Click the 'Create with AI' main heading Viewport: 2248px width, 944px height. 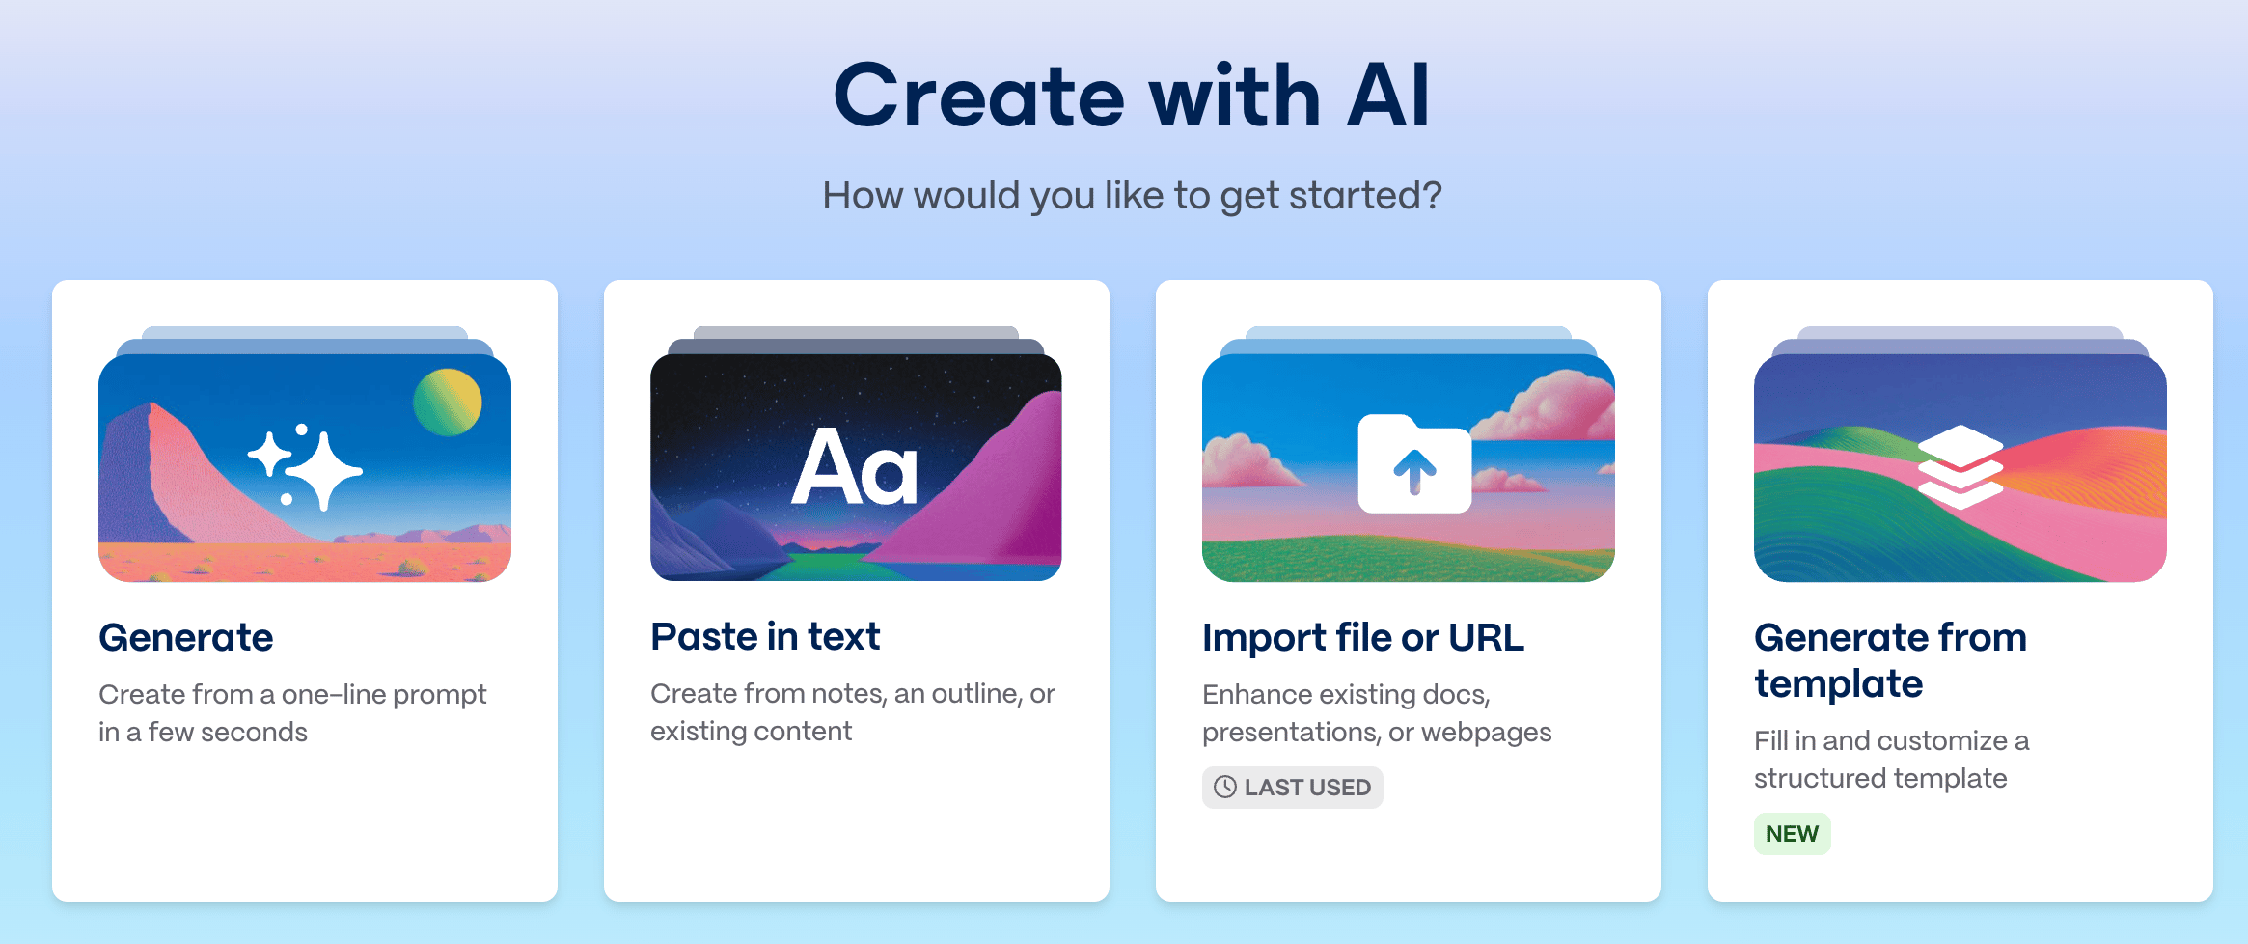pyautogui.click(x=1132, y=96)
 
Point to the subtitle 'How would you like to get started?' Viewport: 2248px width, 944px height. pyautogui.click(x=1132, y=195)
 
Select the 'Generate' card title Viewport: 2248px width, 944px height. pyautogui.click(x=186, y=637)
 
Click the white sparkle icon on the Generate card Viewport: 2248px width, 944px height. pyautogui.click(x=305, y=467)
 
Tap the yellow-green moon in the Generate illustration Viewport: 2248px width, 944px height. pyautogui.click(x=448, y=402)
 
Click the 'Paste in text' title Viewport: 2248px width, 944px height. pyautogui.click(x=765, y=636)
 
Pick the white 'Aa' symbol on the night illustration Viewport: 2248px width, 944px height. pyautogui.click(x=855, y=468)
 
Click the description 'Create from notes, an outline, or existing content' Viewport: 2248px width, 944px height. pyautogui.click(x=853, y=712)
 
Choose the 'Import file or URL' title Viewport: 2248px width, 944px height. pyautogui.click(x=1363, y=637)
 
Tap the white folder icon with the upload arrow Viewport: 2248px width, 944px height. pyautogui.click(x=1414, y=463)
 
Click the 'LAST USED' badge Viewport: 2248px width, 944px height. pyautogui.click(x=1293, y=788)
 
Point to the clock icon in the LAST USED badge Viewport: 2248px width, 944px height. pyautogui.click(x=1225, y=788)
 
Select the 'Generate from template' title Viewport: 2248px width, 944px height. pyautogui.click(x=1890, y=660)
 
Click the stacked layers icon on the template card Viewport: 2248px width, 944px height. pyautogui.click(x=1960, y=467)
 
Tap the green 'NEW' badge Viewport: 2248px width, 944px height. pyautogui.click(x=1793, y=834)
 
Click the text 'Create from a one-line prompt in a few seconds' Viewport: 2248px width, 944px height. pyautogui.click(x=292, y=713)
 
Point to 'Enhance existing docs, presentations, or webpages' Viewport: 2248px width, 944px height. pyautogui.click(x=1377, y=713)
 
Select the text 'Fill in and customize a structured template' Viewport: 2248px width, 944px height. pyautogui.click(x=1891, y=760)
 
